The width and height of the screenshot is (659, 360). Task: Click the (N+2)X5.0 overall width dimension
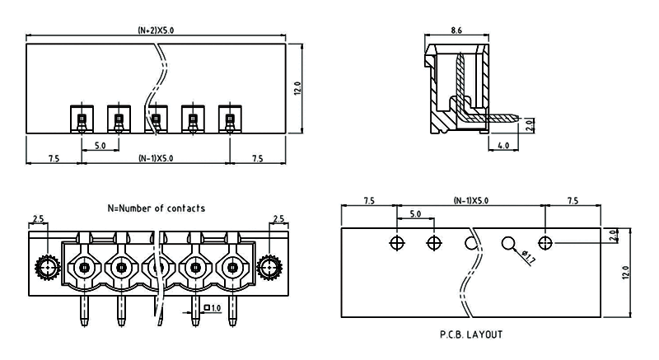point(156,30)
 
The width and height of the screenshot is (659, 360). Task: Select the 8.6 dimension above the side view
point(456,30)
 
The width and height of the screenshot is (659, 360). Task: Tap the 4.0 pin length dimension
point(503,145)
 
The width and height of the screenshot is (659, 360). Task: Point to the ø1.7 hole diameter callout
point(528,257)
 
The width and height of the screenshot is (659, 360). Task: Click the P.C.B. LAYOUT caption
point(471,334)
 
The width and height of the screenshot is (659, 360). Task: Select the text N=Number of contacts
point(157,208)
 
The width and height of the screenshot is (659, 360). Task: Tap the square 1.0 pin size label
point(213,308)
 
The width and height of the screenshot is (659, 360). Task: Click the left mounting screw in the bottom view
point(48,267)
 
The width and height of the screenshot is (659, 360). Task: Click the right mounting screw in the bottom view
point(269,267)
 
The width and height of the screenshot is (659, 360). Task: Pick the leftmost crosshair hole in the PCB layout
point(397,243)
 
